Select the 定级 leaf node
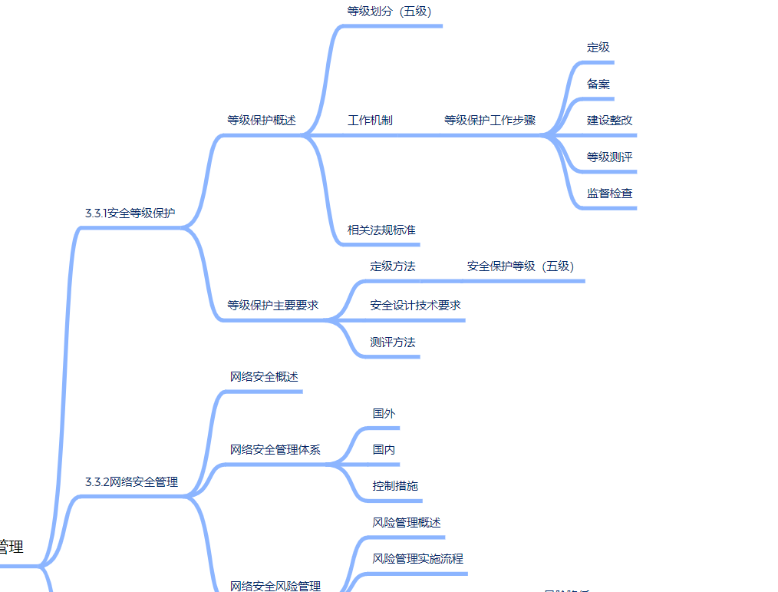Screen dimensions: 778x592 pyautogui.click(x=598, y=48)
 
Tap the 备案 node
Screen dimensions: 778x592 pyautogui.click(x=598, y=84)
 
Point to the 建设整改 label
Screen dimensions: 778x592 pyautogui.click(x=610, y=121)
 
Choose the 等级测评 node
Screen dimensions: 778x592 pyautogui.click(x=610, y=157)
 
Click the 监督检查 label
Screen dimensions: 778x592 pyautogui.click(x=610, y=193)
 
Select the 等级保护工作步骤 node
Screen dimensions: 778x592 pyautogui.click(x=490, y=121)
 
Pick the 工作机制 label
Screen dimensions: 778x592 pyautogui.click(x=370, y=121)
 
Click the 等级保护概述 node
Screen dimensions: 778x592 pyautogui.click(x=261, y=121)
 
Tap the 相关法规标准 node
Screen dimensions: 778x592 pyautogui.click(x=381, y=230)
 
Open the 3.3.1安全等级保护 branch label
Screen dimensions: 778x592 pyautogui.click(x=130, y=213)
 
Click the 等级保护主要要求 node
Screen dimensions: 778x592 pyautogui.click(x=272, y=305)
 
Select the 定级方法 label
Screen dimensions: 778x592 pyautogui.click(x=393, y=266)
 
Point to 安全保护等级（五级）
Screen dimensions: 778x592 pyautogui.click(x=520, y=266)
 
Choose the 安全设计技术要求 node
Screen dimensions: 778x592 pyautogui.click(x=415, y=305)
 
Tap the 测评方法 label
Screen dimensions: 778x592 pyautogui.click(x=393, y=342)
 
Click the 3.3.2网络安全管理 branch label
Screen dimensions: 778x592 pyautogui.click(x=131, y=482)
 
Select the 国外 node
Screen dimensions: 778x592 pyautogui.click(x=384, y=413)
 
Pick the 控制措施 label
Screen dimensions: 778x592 pyautogui.click(x=395, y=486)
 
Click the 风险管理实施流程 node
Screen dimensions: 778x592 pyautogui.click(x=418, y=558)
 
